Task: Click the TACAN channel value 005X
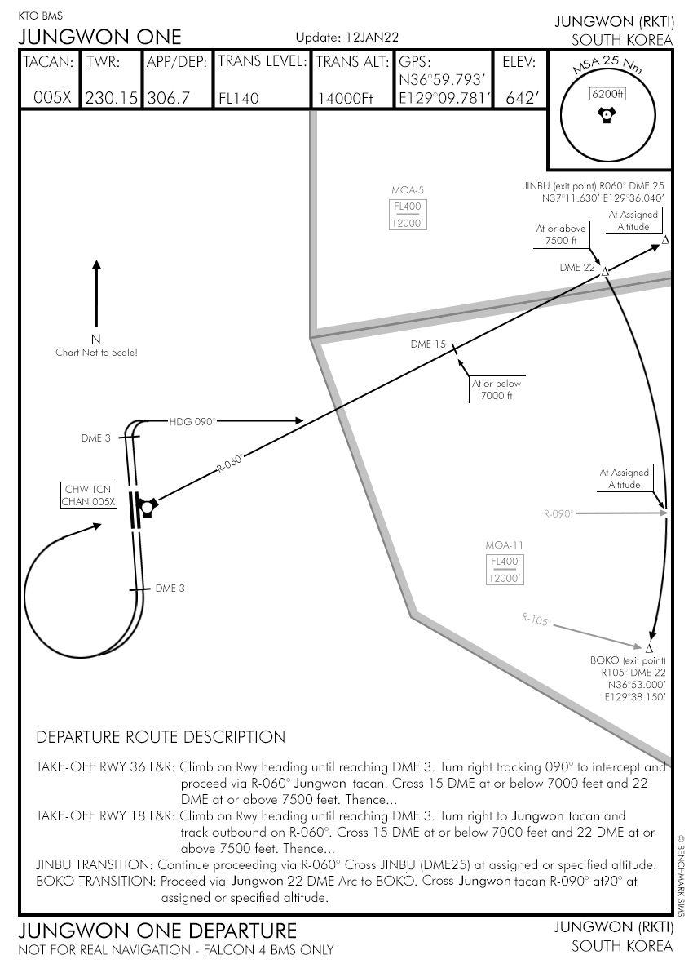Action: coord(52,98)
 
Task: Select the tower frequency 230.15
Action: coord(113,98)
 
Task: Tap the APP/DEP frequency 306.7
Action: coord(169,98)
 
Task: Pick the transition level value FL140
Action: coord(239,99)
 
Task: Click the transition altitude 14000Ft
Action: coord(344,99)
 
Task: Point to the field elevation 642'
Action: coord(523,99)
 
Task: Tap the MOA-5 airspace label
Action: coord(408,190)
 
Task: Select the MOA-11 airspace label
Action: coord(503,545)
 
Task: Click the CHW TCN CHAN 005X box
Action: coord(89,495)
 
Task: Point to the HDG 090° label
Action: coord(192,421)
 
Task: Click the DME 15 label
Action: coord(428,344)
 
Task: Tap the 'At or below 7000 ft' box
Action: coord(497,390)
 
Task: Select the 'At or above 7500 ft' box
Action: coord(561,235)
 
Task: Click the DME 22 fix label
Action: coord(577,268)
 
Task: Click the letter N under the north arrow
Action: coord(95,340)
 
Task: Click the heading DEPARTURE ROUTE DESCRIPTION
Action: coord(161,737)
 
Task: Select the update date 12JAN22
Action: coord(371,38)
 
